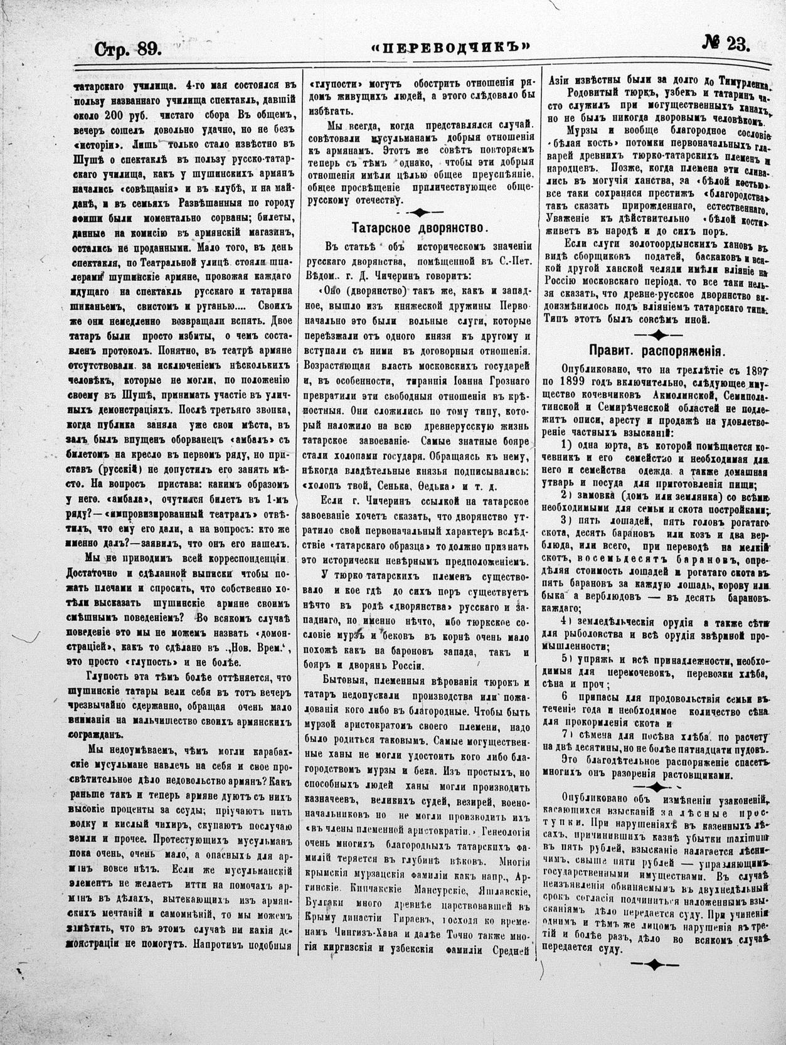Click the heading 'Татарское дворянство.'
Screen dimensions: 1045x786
(416, 226)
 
